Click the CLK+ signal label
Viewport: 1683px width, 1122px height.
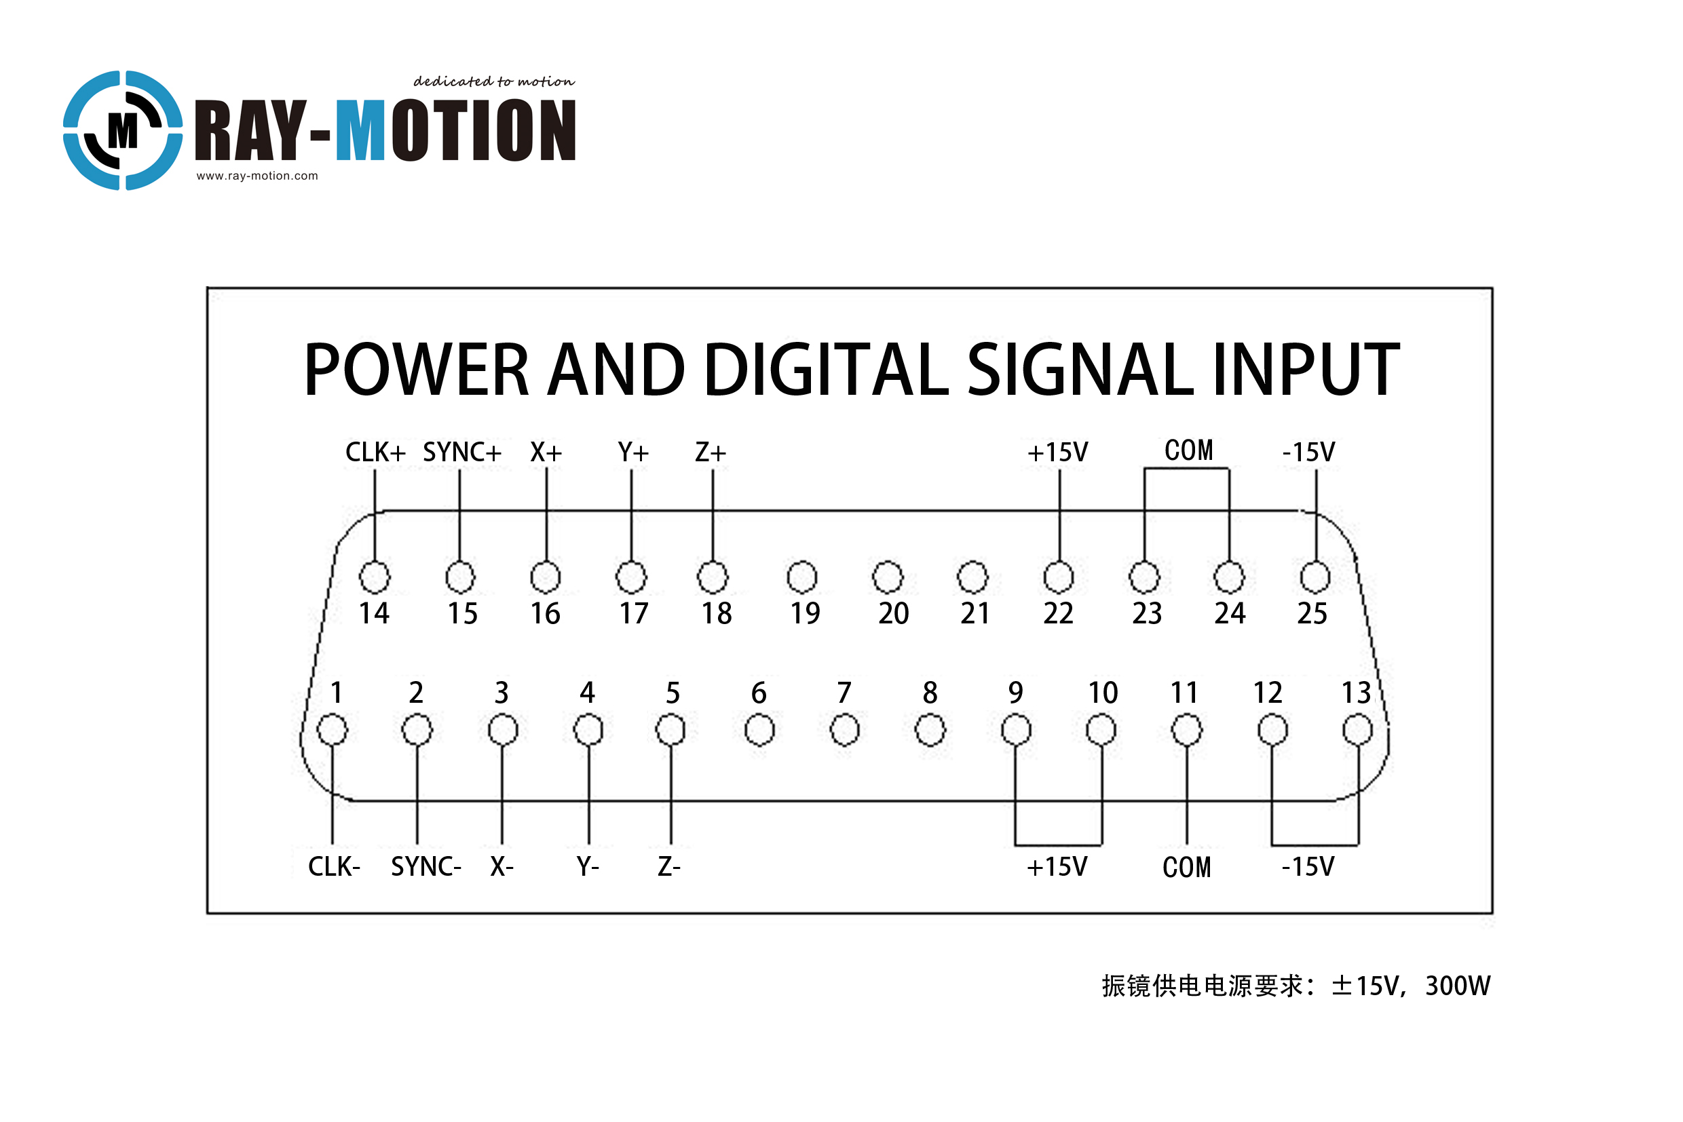coord(376,452)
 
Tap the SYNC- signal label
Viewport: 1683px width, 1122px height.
coord(426,866)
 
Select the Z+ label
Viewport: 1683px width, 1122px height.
coord(711,452)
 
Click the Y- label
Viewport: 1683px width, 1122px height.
coord(588,866)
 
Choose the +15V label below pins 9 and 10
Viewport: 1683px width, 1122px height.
coord(1057,866)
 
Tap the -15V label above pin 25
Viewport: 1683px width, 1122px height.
coord(1308,452)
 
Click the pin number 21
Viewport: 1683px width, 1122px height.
coord(975,613)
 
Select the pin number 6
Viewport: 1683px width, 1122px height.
coord(759,693)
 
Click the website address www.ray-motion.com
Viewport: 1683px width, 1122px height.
coord(257,176)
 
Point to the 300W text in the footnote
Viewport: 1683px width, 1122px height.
coord(1458,986)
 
